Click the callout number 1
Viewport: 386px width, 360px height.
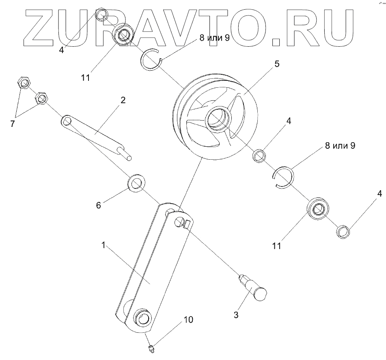coord(104,245)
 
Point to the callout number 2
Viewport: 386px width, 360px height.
coord(123,100)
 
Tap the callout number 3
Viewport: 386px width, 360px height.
coord(237,314)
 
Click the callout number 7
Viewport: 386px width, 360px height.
coord(13,124)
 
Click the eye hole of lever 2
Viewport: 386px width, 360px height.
coord(67,121)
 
